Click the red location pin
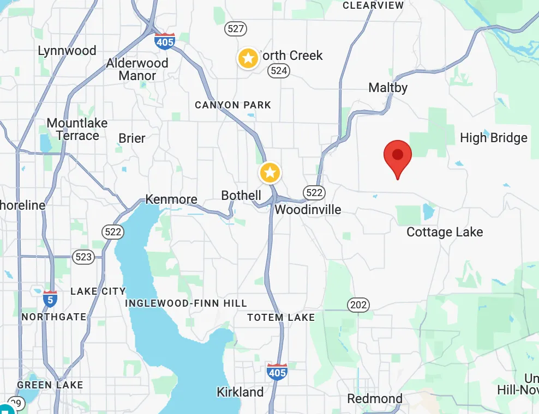click(398, 156)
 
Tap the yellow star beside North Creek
click(248, 58)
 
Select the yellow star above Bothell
click(269, 173)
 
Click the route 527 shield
click(236, 28)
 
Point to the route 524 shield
click(279, 70)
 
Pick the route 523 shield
click(83, 257)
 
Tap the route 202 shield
click(358, 305)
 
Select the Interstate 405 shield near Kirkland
click(277, 372)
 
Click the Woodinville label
click(308, 210)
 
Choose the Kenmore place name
click(171, 199)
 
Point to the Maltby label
click(388, 87)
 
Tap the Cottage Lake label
click(445, 233)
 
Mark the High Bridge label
click(494, 138)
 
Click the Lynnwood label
click(67, 51)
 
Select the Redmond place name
click(375, 399)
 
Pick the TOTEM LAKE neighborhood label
click(281, 317)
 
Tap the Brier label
click(132, 138)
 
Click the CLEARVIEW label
click(373, 5)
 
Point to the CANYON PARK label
click(233, 105)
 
